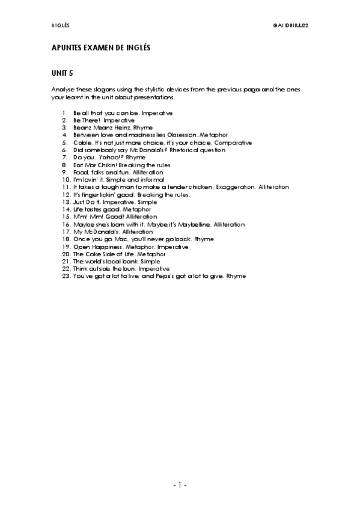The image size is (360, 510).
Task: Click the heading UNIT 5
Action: pyautogui.click(x=63, y=73)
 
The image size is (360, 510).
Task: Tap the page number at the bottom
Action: pyautogui.click(x=180, y=484)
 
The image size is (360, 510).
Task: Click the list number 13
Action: pyautogui.click(x=67, y=202)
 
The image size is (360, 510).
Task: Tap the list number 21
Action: pyautogui.click(x=67, y=261)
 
